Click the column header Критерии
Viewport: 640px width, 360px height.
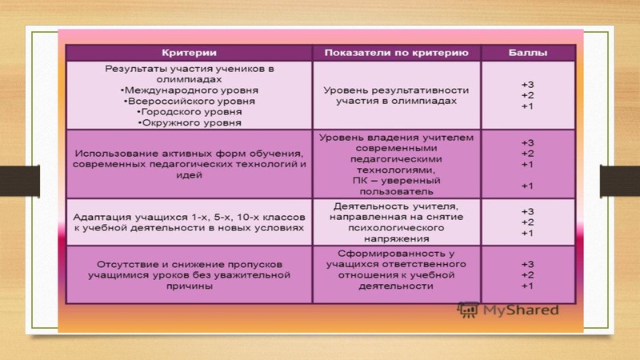tap(189, 53)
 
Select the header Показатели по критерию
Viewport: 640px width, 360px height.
tap(396, 53)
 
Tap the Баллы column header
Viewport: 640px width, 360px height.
tap(527, 53)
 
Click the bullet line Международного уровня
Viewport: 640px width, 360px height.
tap(177, 91)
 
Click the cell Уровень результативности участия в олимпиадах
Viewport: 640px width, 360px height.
tap(396, 96)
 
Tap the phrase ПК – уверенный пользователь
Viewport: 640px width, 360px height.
tap(396, 186)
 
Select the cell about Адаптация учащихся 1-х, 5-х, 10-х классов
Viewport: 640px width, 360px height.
tap(189, 222)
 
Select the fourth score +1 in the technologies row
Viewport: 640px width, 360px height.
tap(527, 186)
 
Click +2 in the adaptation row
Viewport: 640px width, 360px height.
tap(527, 222)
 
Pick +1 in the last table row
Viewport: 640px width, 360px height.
tap(527, 286)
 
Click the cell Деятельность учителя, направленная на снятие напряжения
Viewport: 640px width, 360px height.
tap(396, 222)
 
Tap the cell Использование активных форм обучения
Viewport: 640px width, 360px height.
tap(189, 163)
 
